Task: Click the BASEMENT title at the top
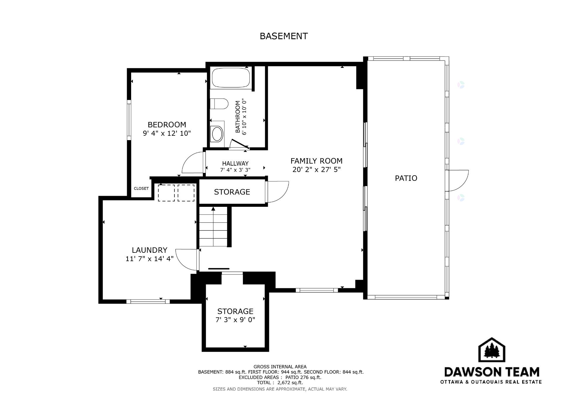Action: click(284, 36)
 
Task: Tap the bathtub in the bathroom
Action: click(231, 78)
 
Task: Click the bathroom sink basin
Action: click(217, 134)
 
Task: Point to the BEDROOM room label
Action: click(167, 125)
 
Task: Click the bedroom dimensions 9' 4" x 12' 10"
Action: click(167, 133)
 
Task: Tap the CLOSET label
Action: click(141, 188)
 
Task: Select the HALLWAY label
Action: click(235, 164)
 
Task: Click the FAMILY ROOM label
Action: click(316, 161)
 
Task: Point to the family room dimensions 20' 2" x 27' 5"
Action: click(316, 170)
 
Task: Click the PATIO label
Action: click(406, 178)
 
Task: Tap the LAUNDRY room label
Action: click(149, 250)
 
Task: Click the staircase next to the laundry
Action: click(213, 227)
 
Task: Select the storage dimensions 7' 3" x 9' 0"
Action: click(235, 320)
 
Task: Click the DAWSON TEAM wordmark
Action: click(492, 372)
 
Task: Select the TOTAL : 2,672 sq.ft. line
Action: click(280, 383)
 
